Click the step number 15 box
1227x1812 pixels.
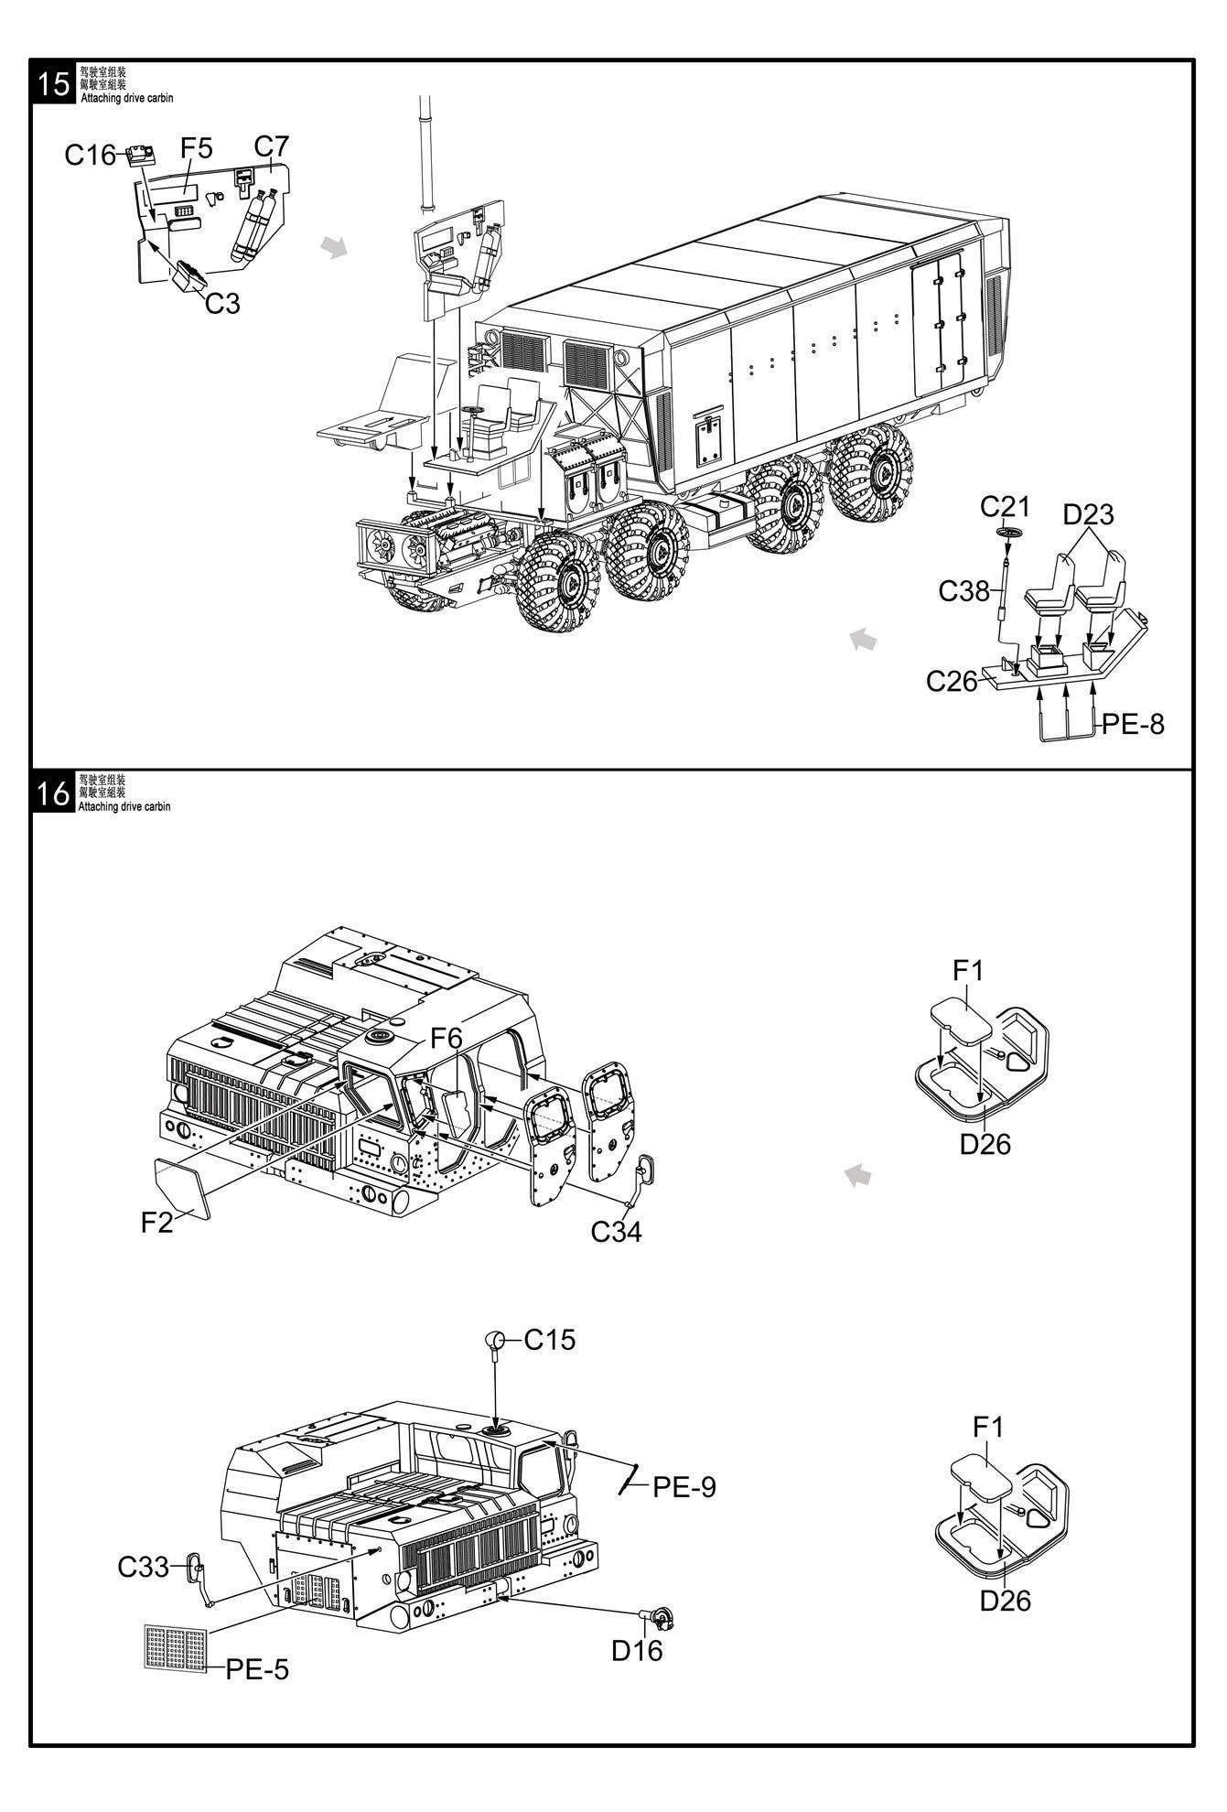[54, 82]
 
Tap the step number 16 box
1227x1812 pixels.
[54, 793]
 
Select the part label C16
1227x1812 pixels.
[90, 156]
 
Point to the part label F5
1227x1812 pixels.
[196, 148]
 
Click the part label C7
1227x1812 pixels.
[271, 146]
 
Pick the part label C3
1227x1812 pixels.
[221, 303]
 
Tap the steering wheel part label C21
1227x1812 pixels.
[1005, 506]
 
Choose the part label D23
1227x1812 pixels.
[1088, 514]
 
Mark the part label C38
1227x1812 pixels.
[963, 591]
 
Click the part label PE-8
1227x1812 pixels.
[1133, 724]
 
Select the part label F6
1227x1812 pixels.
[447, 1038]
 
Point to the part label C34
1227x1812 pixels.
[616, 1232]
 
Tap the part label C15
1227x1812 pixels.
[550, 1340]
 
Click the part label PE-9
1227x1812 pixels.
[683, 1487]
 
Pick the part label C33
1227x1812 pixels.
[143, 1568]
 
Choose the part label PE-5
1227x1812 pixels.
[257, 1669]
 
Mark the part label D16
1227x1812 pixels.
[637, 1650]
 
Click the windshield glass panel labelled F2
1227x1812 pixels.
[183, 1187]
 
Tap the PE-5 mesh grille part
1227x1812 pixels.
[177, 1647]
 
